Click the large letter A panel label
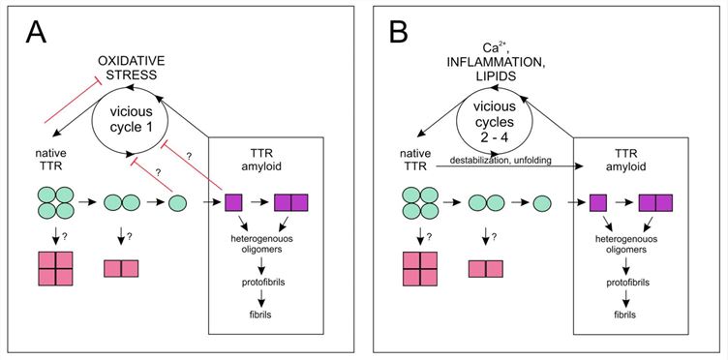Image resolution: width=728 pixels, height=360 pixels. pyautogui.click(x=36, y=38)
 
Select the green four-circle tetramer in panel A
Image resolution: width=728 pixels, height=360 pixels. pyautogui.click(x=57, y=205)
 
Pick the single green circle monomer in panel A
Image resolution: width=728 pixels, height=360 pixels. pyautogui.click(x=178, y=205)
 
